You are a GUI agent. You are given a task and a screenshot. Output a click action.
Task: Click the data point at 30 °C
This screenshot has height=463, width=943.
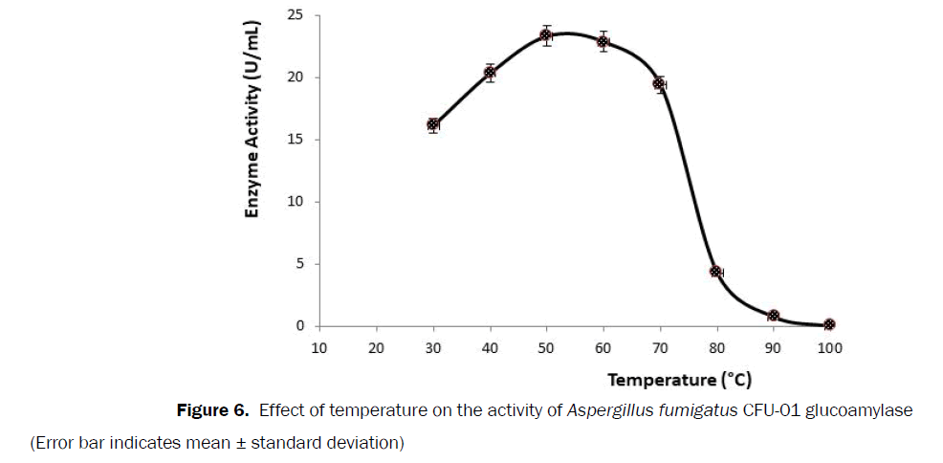click(433, 124)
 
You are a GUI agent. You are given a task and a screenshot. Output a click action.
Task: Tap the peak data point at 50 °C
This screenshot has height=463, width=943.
click(546, 36)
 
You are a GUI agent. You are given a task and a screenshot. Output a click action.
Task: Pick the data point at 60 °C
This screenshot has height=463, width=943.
click(603, 42)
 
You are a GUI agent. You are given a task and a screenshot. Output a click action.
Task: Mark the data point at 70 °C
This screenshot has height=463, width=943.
click(659, 84)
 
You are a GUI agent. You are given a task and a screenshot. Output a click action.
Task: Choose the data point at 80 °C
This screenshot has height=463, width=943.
click(715, 272)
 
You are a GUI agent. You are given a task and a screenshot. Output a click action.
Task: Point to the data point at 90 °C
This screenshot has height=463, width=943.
click(773, 316)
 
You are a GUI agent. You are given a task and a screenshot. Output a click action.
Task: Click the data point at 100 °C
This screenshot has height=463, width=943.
click(829, 324)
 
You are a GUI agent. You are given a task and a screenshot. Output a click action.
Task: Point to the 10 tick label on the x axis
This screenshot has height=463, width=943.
click(319, 348)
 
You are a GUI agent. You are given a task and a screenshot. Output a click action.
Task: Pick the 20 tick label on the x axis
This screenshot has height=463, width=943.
click(376, 348)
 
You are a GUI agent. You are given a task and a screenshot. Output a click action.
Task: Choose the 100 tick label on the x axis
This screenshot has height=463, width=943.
click(829, 348)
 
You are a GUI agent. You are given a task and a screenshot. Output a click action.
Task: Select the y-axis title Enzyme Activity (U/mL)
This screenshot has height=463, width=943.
click(253, 124)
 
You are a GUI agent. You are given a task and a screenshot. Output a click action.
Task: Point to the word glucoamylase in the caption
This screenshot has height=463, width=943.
click(859, 411)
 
